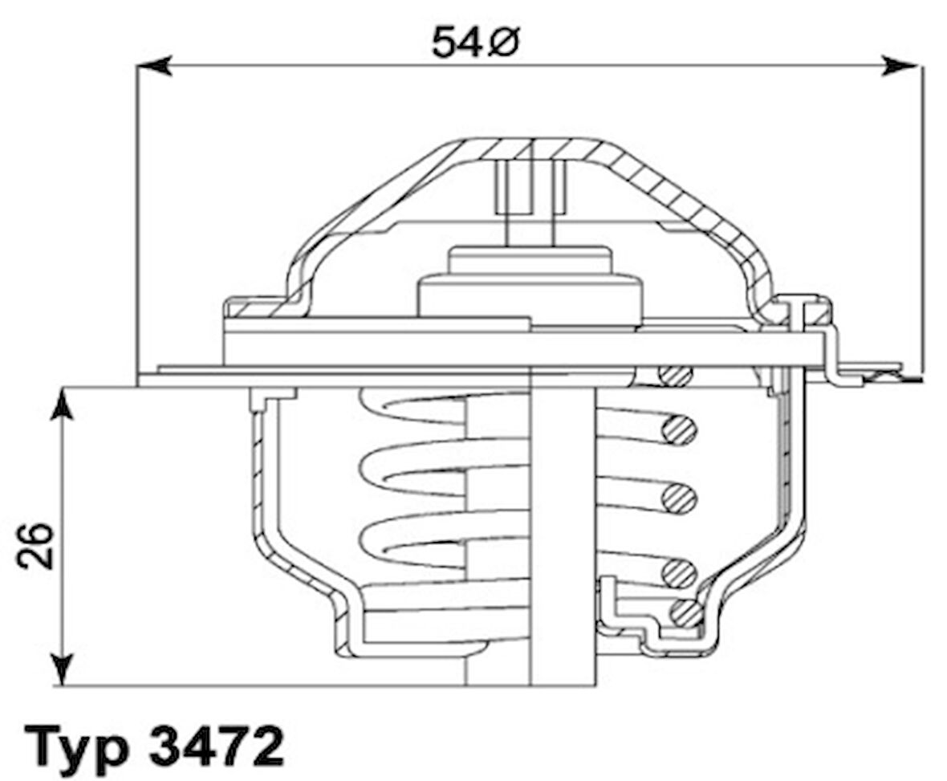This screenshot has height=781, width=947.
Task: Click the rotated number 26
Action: pyautogui.click(x=36, y=546)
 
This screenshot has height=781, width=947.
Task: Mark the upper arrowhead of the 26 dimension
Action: pyautogui.click(x=62, y=405)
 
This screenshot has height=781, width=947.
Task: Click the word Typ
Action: pyautogui.click(x=78, y=747)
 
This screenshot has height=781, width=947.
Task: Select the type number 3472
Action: pyautogui.click(x=217, y=747)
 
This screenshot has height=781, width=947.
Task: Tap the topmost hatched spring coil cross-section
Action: pyautogui.click(x=676, y=375)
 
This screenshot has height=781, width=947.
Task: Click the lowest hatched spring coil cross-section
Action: pyautogui.click(x=684, y=614)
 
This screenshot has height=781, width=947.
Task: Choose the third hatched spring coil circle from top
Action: pyautogui.click(x=680, y=499)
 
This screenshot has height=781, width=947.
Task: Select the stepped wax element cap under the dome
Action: pyautogui.click(x=530, y=285)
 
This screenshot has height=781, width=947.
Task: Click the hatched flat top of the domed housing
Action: pyautogui.click(x=530, y=149)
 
